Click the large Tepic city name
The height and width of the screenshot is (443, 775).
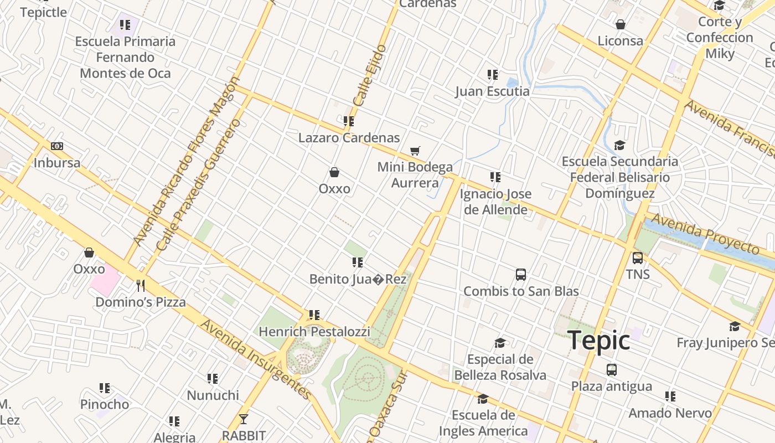[599, 340]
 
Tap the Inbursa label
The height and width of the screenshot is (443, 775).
[57, 163]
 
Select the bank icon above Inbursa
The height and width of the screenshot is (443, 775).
[57, 146]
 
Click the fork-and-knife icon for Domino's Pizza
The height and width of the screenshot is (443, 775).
[141, 285]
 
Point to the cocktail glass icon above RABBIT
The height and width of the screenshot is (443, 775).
[243, 419]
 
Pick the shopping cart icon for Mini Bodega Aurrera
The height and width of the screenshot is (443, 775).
[415, 151]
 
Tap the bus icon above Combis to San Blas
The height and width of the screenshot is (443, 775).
[520, 274]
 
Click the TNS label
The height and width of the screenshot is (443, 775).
[638, 274]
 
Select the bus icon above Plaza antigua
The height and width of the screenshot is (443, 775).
[611, 369]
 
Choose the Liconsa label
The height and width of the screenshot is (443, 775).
[620, 41]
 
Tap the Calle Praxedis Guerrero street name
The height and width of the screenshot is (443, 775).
[199, 184]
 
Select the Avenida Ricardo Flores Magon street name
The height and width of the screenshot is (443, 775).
[186, 161]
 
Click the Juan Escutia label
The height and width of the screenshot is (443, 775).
[492, 91]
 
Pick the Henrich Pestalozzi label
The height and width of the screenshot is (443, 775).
[314, 332]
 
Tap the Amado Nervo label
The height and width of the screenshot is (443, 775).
[670, 413]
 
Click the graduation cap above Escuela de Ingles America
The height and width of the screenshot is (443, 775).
[483, 399]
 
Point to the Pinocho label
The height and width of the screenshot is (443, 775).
[105, 404]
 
